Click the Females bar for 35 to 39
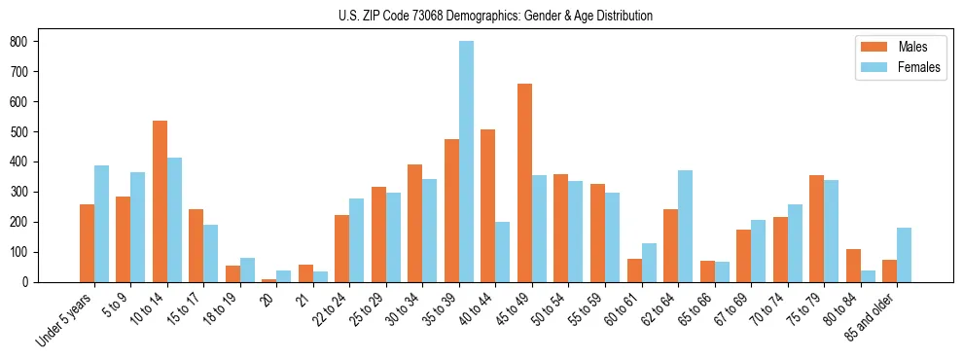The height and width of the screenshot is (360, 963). (467, 162)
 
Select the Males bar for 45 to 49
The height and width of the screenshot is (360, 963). (525, 183)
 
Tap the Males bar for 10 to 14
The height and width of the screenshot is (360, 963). (160, 201)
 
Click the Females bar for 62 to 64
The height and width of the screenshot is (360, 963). (686, 226)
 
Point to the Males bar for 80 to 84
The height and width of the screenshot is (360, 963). (853, 266)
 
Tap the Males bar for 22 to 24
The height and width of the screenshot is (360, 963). (342, 248)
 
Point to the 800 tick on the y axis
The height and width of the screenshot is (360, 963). (38, 41)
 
